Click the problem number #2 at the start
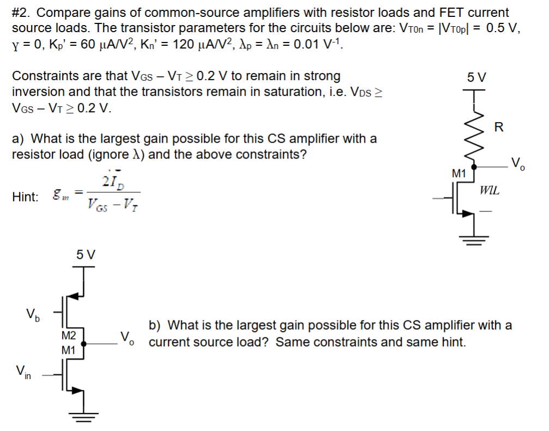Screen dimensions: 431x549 pyautogui.click(x=20, y=13)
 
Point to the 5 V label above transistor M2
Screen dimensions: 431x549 pyautogui.click(x=86, y=254)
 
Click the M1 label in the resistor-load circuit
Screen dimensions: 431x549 pyautogui.click(x=459, y=174)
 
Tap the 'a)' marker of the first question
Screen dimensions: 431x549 pyautogui.click(x=19, y=138)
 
